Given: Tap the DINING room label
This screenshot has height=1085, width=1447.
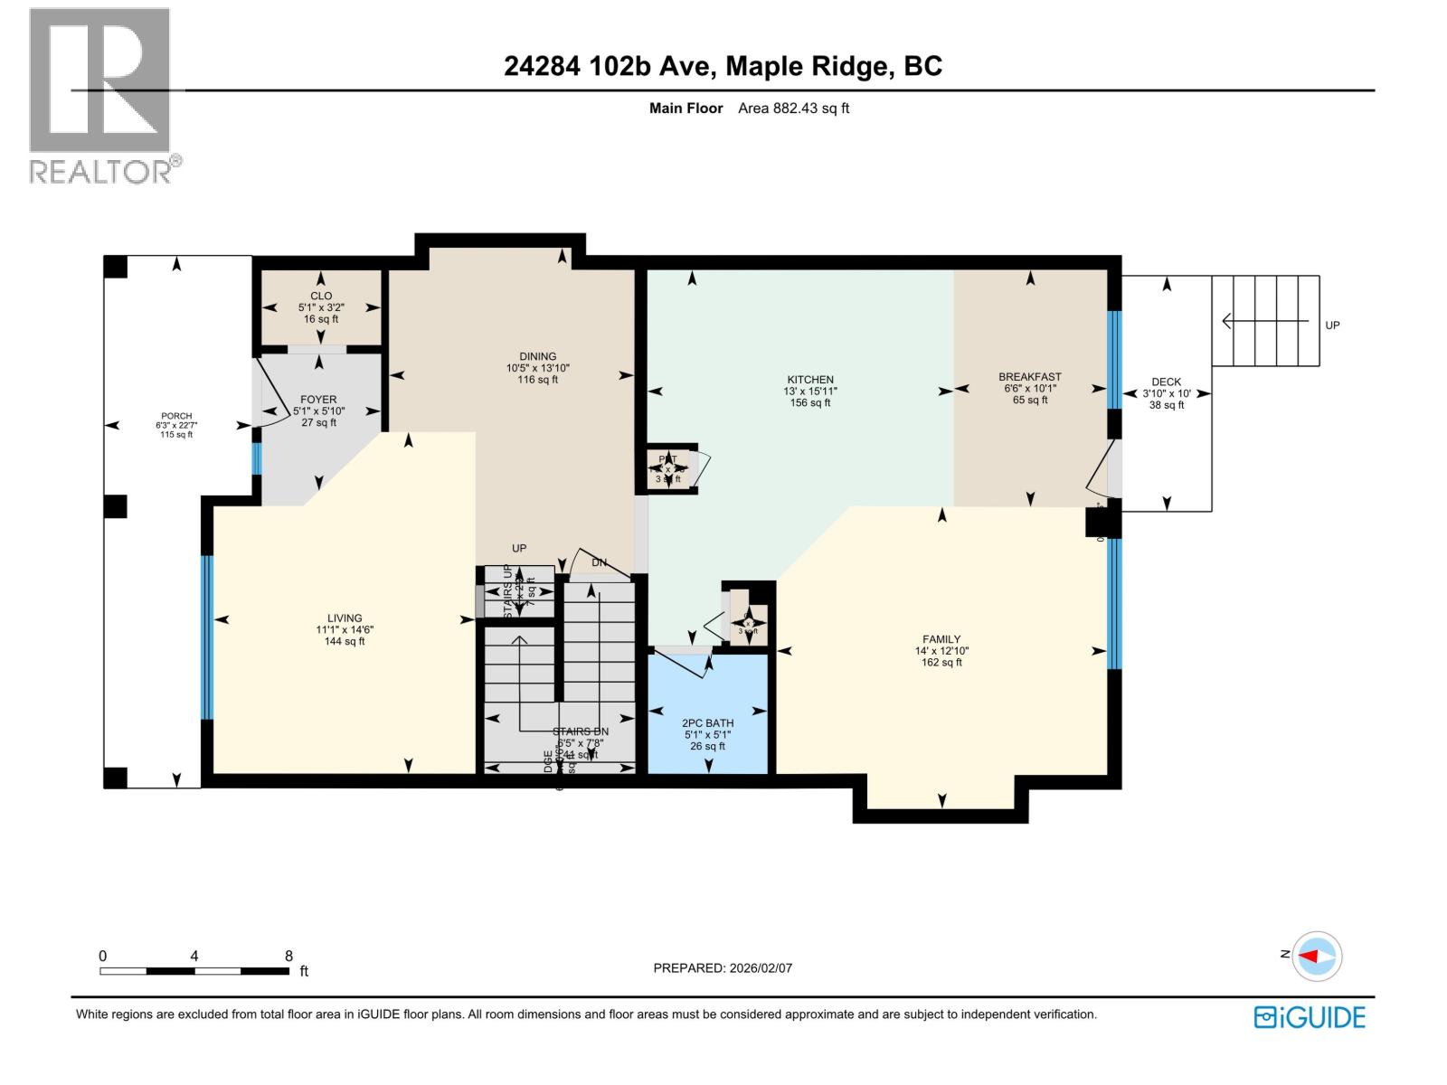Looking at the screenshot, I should click(537, 357).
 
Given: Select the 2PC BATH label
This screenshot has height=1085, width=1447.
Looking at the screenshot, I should click(707, 723).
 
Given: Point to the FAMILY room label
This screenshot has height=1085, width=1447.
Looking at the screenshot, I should click(941, 639).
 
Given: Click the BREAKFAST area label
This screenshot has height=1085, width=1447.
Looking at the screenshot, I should click(1029, 377).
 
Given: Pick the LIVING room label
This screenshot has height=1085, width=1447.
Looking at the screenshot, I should click(345, 619).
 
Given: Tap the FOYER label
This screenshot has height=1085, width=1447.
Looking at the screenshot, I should click(318, 400).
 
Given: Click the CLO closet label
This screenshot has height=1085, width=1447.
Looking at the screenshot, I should click(321, 297).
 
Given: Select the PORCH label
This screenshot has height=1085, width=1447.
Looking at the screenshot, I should click(176, 417).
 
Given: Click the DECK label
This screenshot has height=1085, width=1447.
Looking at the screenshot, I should click(1166, 382).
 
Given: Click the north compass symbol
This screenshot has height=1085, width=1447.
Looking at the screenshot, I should click(1317, 956).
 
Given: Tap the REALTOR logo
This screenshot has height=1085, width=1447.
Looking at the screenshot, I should click(101, 95).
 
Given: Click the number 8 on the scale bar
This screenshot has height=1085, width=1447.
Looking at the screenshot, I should click(288, 956).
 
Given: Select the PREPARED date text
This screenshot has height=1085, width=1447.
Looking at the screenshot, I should click(723, 967).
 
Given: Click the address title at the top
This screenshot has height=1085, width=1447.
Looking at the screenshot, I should click(723, 66).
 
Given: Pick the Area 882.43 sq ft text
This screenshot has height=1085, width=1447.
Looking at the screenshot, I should click(793, 108).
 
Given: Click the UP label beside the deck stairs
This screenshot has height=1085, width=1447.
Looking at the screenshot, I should click(1332, 325).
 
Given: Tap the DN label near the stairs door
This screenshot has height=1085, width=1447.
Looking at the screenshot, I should click(599, 563).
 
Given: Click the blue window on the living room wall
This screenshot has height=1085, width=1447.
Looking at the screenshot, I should click(207, 637).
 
